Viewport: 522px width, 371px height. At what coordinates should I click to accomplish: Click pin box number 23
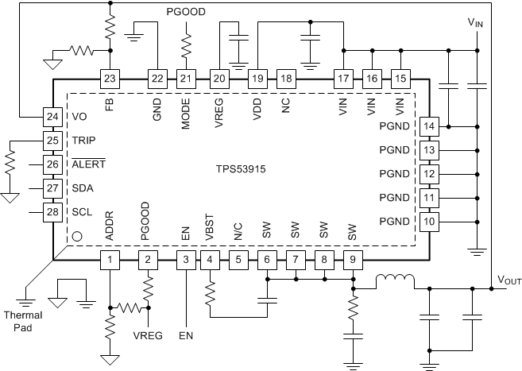pos(110,79)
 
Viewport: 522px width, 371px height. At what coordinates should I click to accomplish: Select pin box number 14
pos(429,126)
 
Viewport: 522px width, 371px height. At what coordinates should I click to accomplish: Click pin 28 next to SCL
pos(52,212)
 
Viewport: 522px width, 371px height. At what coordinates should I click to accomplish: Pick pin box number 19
pos(257,79)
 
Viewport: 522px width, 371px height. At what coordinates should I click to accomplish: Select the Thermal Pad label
pos(26,320)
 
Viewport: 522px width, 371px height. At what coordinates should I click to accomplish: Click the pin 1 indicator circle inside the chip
pos(77,236)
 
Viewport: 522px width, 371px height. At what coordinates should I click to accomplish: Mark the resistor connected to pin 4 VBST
pos(210,296)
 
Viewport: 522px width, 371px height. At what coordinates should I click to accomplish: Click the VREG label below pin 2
pos(148,335)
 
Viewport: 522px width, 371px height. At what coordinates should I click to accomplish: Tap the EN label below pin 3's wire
pos(186,336)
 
